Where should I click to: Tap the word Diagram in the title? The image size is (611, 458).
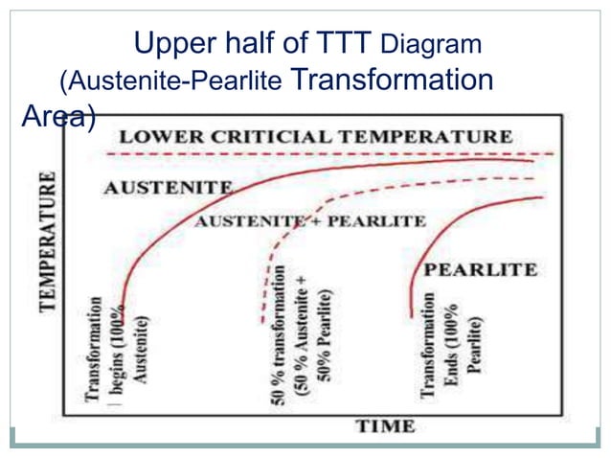tap(430, 45)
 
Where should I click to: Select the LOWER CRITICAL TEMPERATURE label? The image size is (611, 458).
tap(315, 136)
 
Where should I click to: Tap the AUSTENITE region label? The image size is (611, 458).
tap(169, 188)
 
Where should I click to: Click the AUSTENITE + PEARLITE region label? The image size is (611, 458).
tap(310, 221)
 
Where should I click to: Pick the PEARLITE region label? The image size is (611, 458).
tap(480, 269)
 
